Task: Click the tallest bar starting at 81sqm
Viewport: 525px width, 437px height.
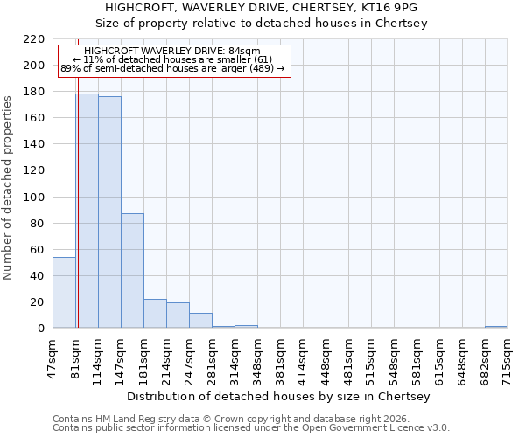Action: [x=87, y=211]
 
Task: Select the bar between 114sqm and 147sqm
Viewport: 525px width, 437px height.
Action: [x=109, y=212]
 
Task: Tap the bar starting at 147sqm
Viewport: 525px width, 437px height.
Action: [x=132, y=271]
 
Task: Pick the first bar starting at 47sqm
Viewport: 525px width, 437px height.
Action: [x=64, y=293]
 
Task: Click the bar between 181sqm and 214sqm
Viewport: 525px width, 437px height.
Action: [x=155, y=314]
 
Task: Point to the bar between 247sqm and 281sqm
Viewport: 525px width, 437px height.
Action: [x=200, y=321]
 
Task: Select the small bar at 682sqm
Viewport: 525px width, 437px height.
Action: [x=496, y=327]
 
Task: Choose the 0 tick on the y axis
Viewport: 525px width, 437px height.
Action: [x=40, y=329]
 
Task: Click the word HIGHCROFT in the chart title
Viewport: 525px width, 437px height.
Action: [x=144, y=7]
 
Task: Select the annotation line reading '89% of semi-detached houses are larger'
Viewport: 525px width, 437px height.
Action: [x=172, y=68]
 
